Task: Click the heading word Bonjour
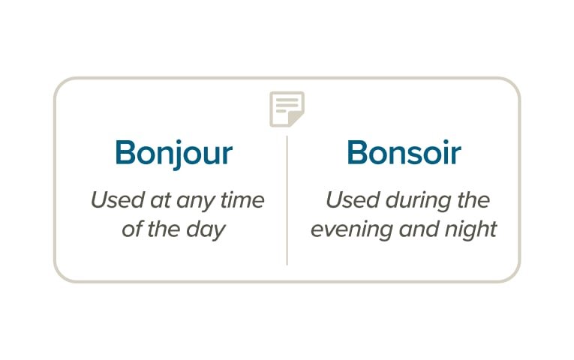[173, 153]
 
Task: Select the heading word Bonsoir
[404, 153]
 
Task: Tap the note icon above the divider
[287, 109]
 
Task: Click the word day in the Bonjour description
[209, 229]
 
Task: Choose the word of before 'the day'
[131, 229]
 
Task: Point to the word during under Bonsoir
[415, 201]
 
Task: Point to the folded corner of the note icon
[298, 120]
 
